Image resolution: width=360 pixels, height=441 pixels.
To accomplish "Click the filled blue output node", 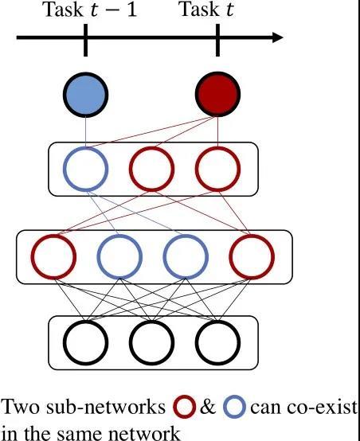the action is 85,95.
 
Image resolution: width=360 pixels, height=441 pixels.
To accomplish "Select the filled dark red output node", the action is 217,94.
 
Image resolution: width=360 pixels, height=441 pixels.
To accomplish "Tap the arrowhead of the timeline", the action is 277,37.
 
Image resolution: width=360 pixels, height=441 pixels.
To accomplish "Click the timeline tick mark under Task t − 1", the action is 85,40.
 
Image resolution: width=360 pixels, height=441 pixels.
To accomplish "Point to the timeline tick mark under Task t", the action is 217,40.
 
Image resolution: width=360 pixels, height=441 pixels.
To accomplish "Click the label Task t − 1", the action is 89,10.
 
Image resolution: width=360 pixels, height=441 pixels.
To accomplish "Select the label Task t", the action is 207,10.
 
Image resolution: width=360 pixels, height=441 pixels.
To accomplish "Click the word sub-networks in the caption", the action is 106,407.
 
